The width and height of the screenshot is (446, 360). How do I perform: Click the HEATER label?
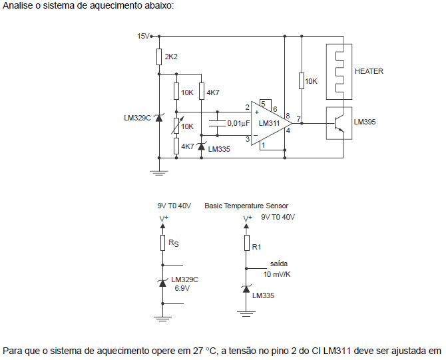click(x=369, y=71)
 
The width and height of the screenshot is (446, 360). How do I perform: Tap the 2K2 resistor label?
click(x=171, y=57)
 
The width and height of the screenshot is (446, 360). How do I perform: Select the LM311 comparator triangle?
click(x=270, y=123)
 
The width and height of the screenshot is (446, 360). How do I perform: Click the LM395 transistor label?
click(x=364, y=122)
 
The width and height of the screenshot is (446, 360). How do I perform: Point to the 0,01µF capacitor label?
click(x=238, y=123)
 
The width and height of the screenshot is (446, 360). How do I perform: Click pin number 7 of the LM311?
click(x=299, y=120)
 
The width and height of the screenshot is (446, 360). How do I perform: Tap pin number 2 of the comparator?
click(x=247, y=107)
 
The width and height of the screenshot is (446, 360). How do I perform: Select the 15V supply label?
click(x=143, y=36)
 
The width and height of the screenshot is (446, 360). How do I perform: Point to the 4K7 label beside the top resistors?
click(x=213, y=92)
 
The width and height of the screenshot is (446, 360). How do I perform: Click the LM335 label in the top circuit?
click(x=219, y=149)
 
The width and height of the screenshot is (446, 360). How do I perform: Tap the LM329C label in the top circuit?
click(x=138, y=118)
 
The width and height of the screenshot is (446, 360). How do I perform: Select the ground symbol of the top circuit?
click(x=158, y=172)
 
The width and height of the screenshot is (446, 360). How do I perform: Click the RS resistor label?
click(x=173, y=244)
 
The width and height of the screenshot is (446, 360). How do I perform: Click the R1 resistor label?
click(x=257, y=247)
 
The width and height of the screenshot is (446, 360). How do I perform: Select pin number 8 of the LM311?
click(x=288, y=116)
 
